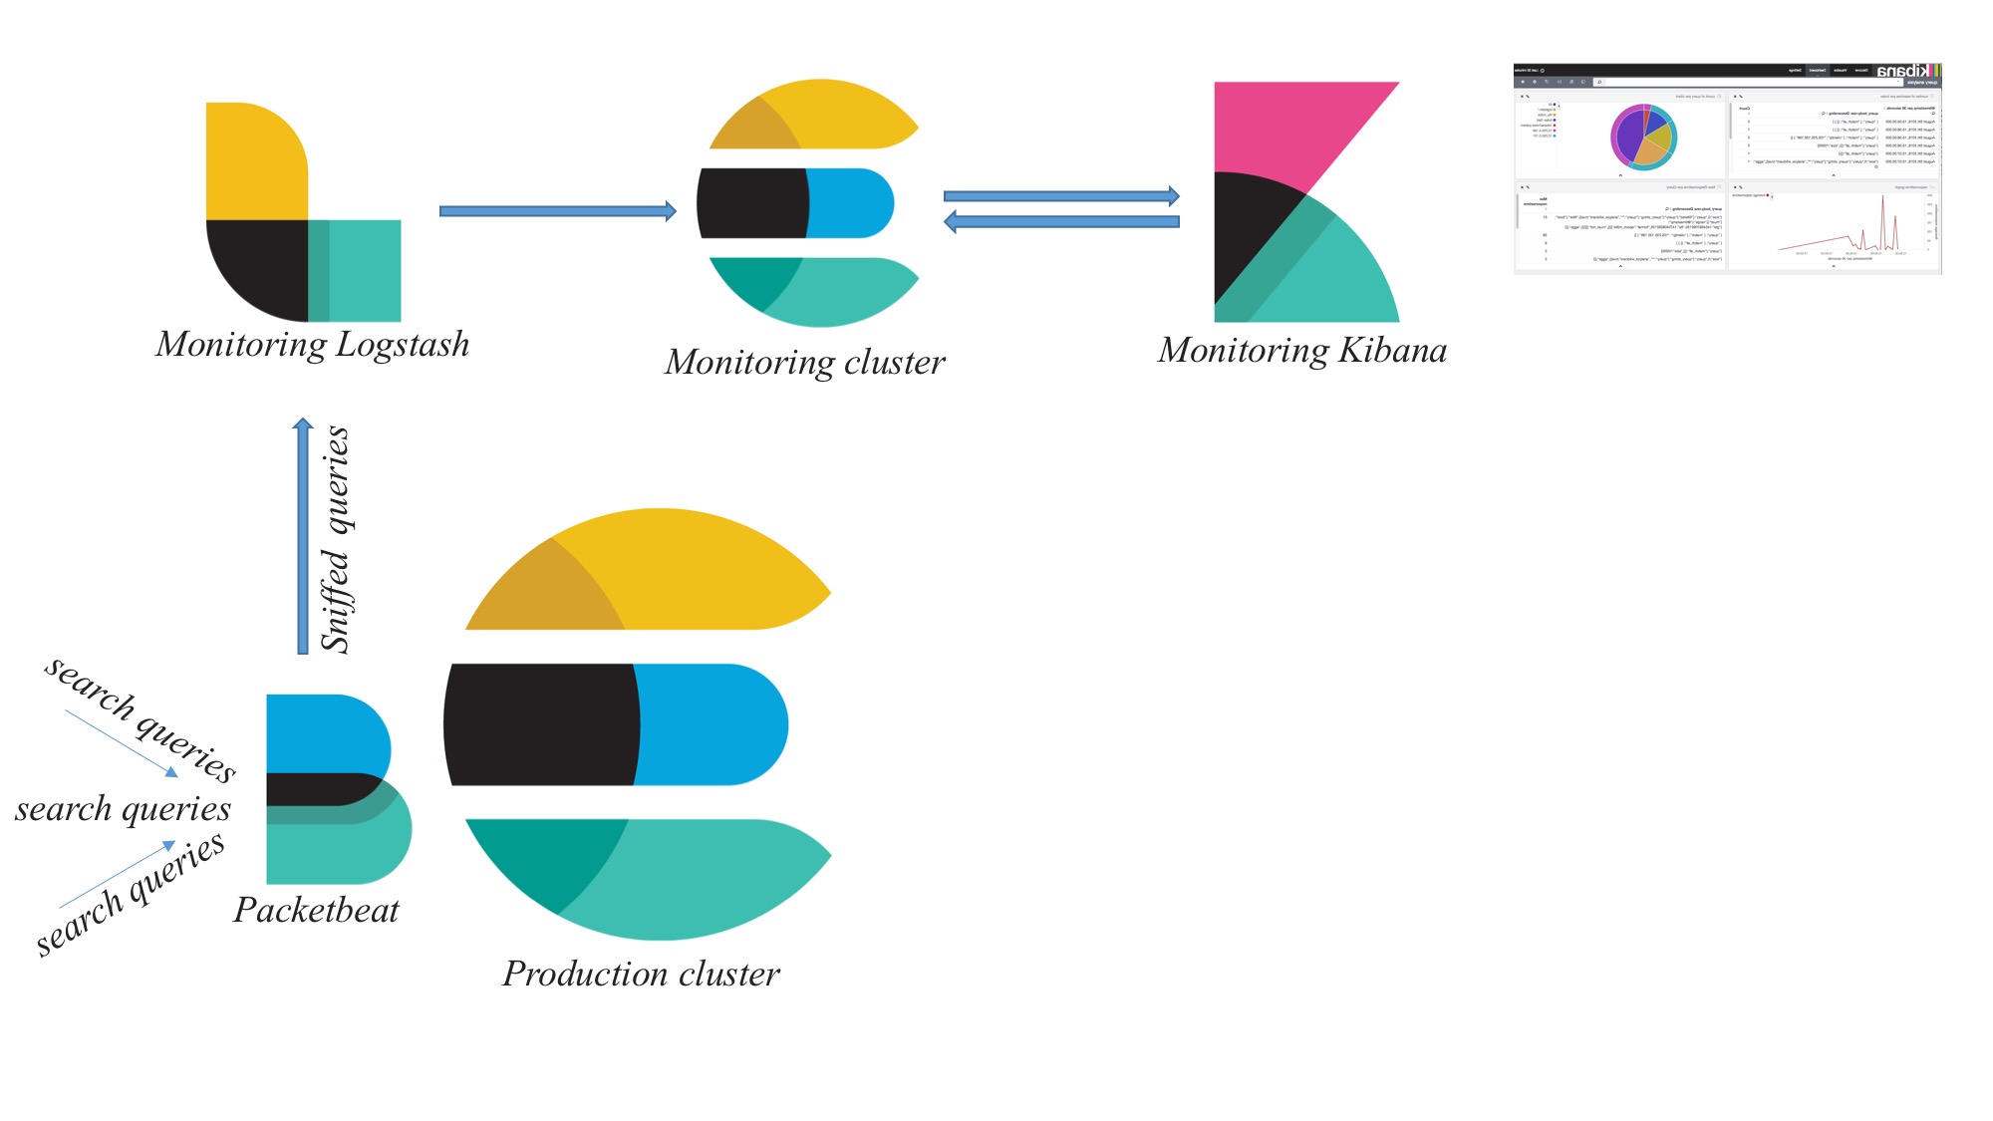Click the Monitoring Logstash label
pos(312,345)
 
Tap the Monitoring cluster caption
pos(804,362)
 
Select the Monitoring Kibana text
pos(1301,351)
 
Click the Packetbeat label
pos(316,910)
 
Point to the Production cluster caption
pos(641,974)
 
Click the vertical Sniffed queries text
pos(336,539)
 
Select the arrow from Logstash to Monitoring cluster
pos(557,211)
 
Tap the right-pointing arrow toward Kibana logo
pos(1061,196)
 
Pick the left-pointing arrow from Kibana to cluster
pos(1061,222)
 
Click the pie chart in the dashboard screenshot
pos(1643,137)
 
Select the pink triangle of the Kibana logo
pos(1285,130)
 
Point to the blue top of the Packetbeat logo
pos(324,732)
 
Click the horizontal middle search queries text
pos(123,809)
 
